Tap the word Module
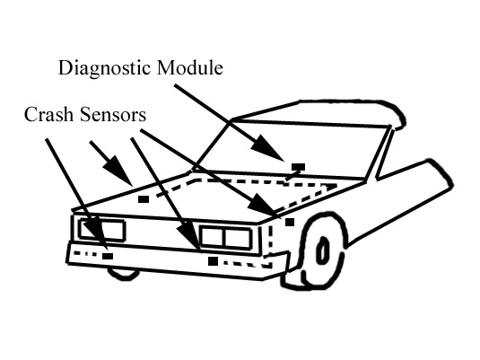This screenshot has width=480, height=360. click(x=190, y=67)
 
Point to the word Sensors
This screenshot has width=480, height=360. click(x=113, y=115)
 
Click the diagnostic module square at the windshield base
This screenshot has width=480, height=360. click(x=298, y=167)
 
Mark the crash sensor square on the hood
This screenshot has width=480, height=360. click(x=144, y=199)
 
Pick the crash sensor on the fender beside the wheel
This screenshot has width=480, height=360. click(x=290, y=222)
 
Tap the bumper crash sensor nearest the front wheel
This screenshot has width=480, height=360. click(x=213, y=261)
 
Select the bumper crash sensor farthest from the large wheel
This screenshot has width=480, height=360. click(x=108, y=256)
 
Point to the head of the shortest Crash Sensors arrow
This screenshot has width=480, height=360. click(x=118, y=171)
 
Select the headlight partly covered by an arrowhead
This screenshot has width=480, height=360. click(x=224, y=237)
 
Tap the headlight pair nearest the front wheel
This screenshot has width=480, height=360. click(x=224, y=237)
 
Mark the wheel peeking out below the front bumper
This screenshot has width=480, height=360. click(x=123, y=273)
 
